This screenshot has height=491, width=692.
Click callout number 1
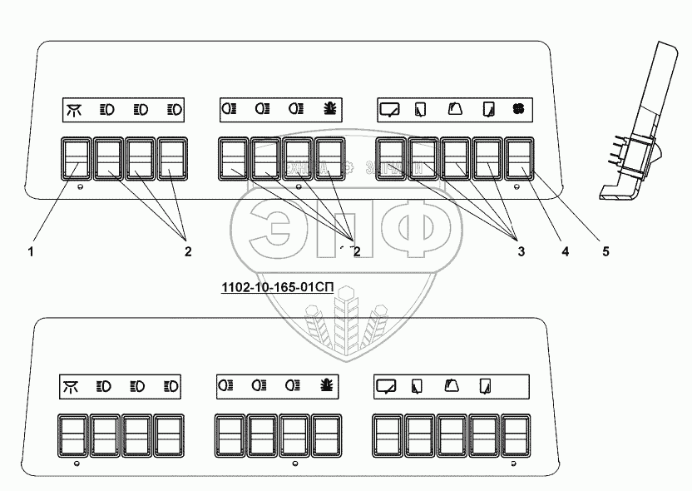(30, 250)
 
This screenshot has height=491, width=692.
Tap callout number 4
(565, 250)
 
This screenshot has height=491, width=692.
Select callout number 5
(605, 250)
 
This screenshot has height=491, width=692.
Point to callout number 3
(521, 250)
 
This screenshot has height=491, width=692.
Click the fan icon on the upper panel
(520, 108)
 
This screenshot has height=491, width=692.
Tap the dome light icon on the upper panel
(74, 108)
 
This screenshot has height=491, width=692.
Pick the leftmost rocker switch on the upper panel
(75, 159)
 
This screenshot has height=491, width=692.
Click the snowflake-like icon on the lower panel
(326, 385)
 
